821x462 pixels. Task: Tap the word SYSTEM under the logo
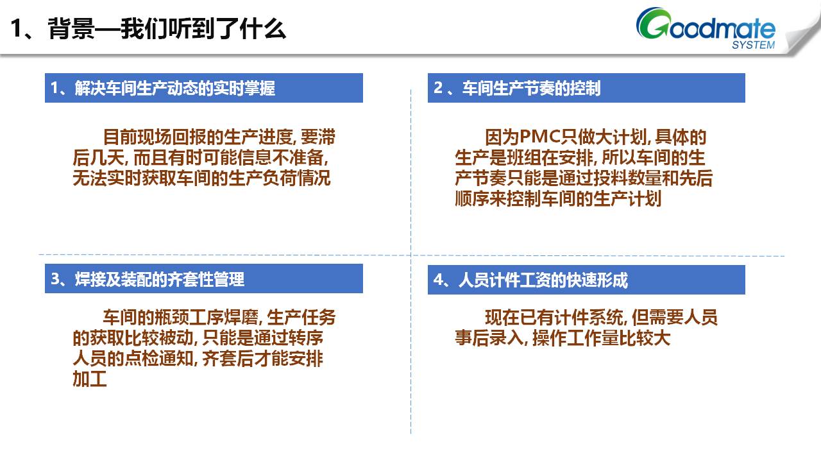[753, 45]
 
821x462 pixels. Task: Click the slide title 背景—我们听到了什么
[167, 29]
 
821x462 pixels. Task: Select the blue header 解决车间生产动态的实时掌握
[204, 88]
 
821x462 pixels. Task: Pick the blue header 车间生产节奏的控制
[586, 88]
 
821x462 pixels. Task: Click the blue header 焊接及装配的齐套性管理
[204, 278]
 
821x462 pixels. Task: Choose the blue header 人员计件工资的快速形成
[586, 279]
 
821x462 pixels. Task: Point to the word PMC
[540, 137]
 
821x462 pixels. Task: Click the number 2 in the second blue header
[438, 88]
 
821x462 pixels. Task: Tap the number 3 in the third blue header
[55, 278]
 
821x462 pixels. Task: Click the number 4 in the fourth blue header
[438, 280]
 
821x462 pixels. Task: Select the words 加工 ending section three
[90, 379]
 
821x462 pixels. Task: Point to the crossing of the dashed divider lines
[411, 255]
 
